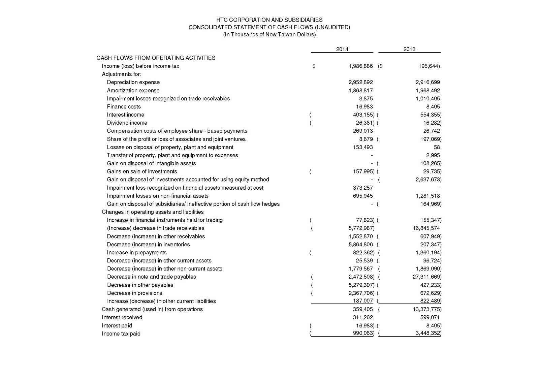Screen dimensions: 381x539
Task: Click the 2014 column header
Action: (x=342, y=49)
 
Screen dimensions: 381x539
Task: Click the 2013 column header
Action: (x=409, y=49)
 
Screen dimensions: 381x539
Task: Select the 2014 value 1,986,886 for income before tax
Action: (x=360, y=66)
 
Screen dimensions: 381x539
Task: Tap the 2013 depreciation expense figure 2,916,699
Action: (x=427, y=82)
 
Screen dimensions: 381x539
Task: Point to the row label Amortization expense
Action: (x=133, y=91)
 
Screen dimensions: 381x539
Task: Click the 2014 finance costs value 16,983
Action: (x=364, y=107)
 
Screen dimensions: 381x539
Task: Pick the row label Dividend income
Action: (x=127, y=123)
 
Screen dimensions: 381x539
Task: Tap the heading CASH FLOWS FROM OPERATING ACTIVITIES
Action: (x=156, y=58)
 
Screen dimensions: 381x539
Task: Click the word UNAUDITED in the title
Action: (x=330, y=27)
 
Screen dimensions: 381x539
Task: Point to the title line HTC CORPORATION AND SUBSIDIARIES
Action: (x=269, y=20)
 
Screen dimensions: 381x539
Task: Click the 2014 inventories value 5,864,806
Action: (x=360, y=245)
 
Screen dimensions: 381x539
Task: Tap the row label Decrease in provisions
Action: (x=134, y=293)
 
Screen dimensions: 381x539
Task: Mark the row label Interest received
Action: (x=122, y=317)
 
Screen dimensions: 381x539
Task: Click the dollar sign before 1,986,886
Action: (x=314, y=66)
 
